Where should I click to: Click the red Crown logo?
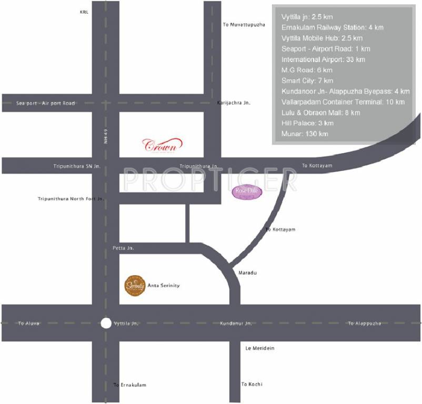(x=163, y=144)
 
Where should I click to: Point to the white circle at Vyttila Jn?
(x=106, y=323)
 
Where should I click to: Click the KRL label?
(x=85, y=11)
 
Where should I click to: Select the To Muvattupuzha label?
(x=244, y=25)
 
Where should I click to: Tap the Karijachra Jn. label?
(x=234, y=103)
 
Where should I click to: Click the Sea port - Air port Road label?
(x=46, y=103)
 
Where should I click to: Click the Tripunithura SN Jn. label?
(x=77, y=166)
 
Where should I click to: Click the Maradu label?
(x=247, y=273)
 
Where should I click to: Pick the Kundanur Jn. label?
(x=236, y=323)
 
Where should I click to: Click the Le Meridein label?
(x=260, y=348)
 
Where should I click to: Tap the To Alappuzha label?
(x=364, y=323)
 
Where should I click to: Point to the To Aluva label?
(x=29, y=323)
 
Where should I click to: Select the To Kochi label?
(x=252, y=385)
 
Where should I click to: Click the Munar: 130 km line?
(x=305, y=134)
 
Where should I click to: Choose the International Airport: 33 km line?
(x=323, y=59)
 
